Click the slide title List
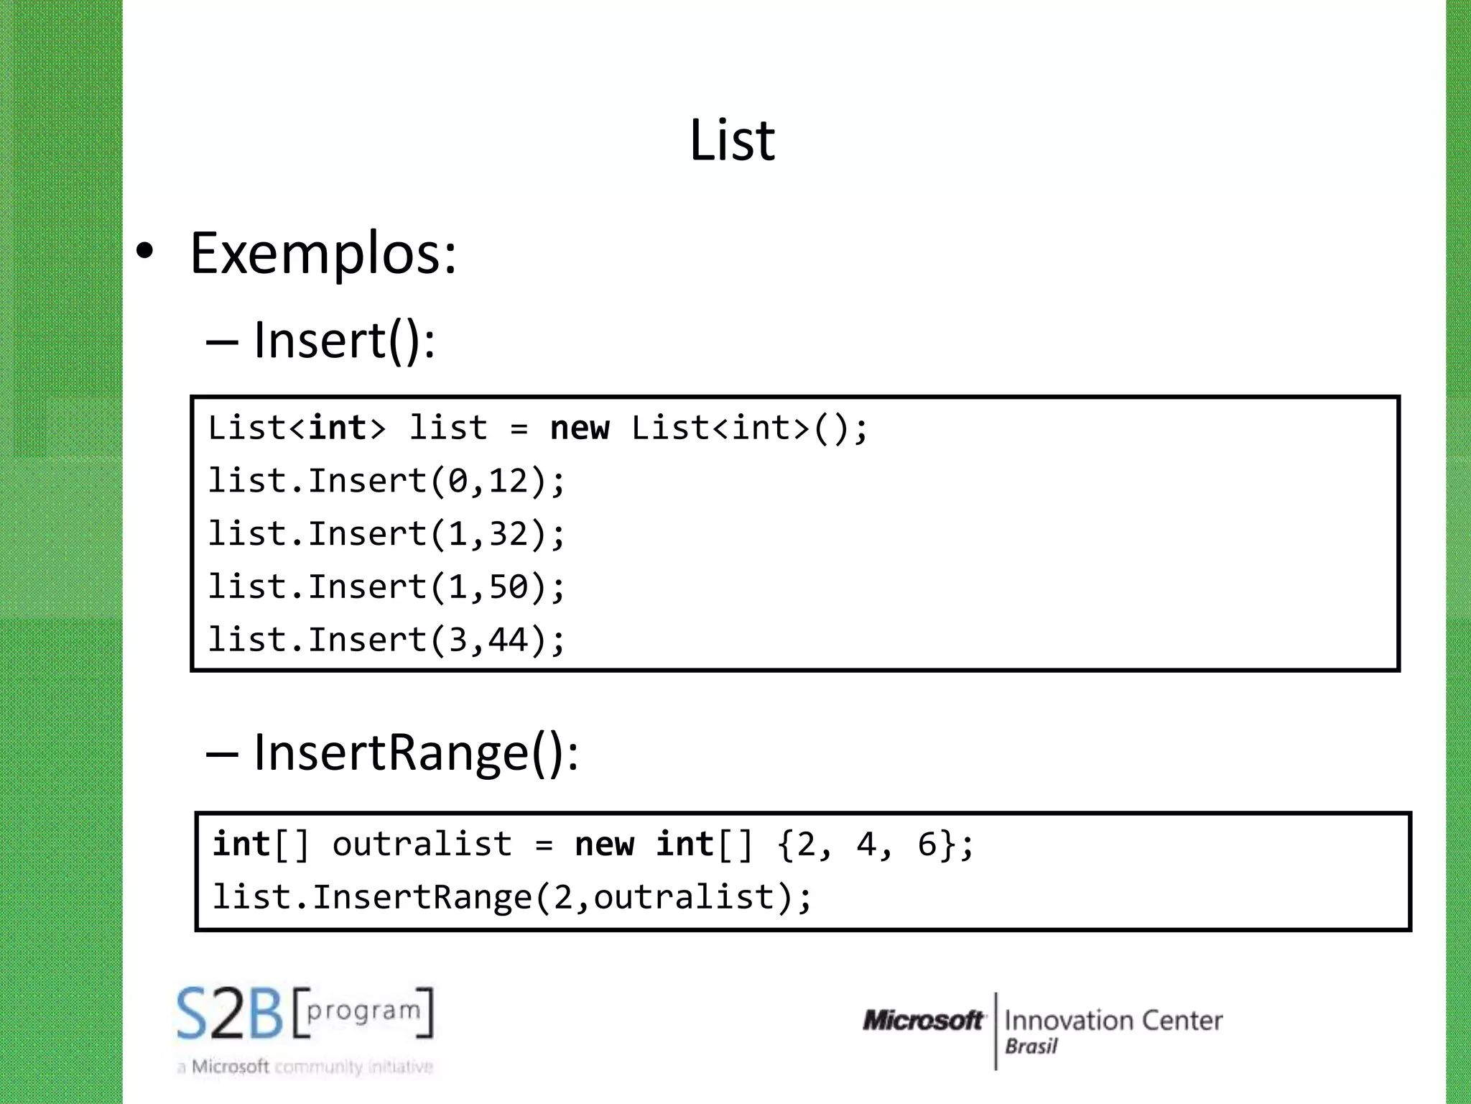coord(732,140)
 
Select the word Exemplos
coord(322,254)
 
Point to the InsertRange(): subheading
coord(416,753)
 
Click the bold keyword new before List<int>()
coord(579,428)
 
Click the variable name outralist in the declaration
coord(422,844)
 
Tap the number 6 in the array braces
coord(927,844)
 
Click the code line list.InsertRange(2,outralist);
coord(512,897)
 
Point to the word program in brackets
coord(363,1011)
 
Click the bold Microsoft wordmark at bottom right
coord(923,1021)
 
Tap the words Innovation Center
coord(1113,1021)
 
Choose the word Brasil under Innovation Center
coord(1031,1046)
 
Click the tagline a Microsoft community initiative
coord(305,1067)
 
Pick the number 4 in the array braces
coord(866,844)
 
